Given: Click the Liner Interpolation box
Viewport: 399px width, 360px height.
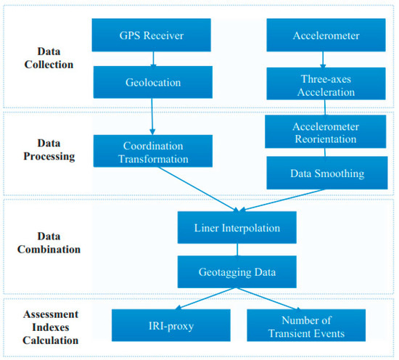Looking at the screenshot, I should (236, 228).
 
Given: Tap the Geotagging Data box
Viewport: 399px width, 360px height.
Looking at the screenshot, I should (236, 271).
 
